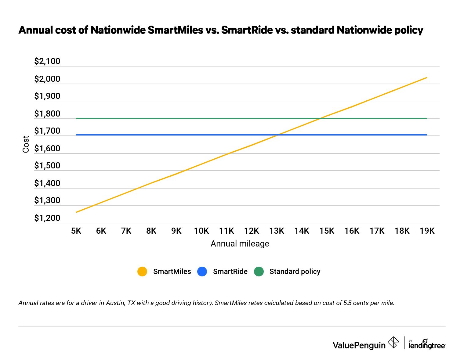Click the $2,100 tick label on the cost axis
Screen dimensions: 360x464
(x=47, y=61)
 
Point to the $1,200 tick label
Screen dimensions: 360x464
(x=47, y=218)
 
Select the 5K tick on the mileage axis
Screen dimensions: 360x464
(x=76, y=231)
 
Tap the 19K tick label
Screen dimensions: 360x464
(x=427, y=231)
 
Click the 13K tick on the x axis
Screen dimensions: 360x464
(x=277, y=231)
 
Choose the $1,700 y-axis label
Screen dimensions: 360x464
(x=47, y=131)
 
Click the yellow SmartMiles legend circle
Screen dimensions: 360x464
(x=142, y=272)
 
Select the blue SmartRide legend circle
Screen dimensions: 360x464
(x=202, y=272)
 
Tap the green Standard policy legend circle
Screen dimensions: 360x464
(x=259, y=272)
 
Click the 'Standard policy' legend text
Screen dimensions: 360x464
(x=295, y=272)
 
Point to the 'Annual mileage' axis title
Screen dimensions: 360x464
(x=240, y=244)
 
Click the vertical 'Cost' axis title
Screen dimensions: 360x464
(x=26, y=144)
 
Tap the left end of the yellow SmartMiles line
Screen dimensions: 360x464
(x=77, y=212)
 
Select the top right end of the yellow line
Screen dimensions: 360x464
(x=426, y=77)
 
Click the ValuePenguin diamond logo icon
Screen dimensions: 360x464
(x=393, y=342)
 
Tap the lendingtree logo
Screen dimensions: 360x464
(x=427, y=344)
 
